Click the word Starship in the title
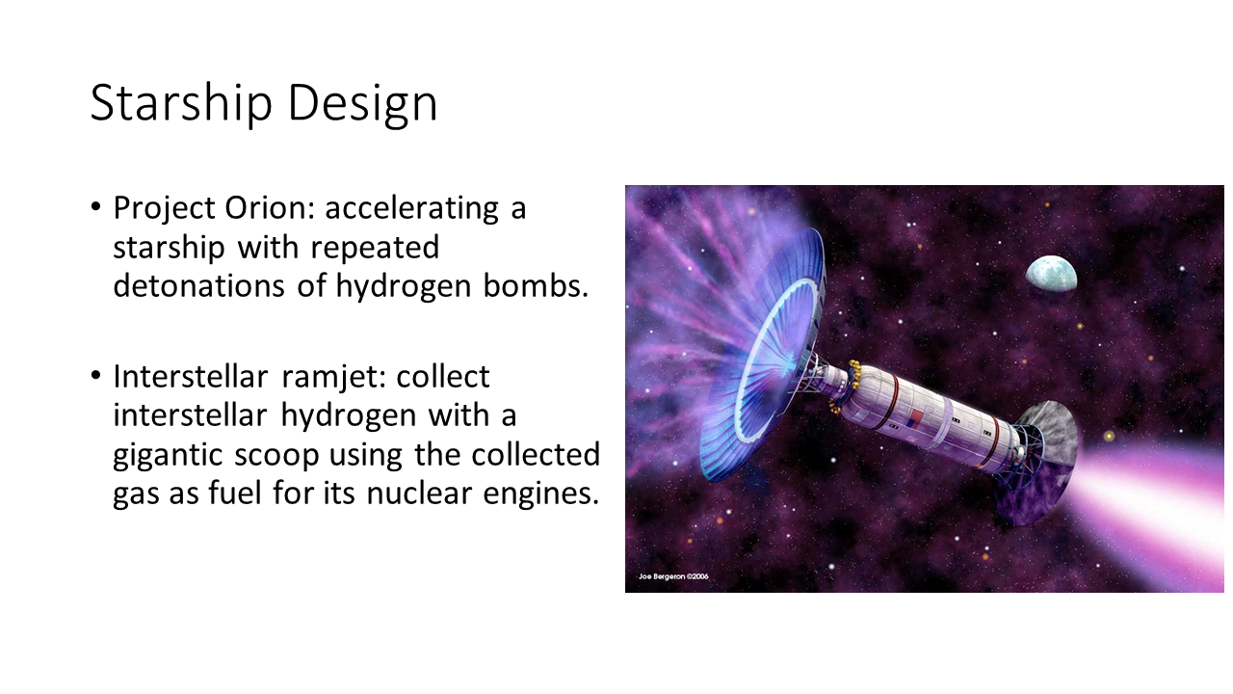(181, 103)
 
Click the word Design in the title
(363, 103)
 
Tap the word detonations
(198, 286)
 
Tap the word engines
(540, 494)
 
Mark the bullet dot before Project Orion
(95, 207)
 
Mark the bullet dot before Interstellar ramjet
(95, 376)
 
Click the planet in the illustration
(1051, 274)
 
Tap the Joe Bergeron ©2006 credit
(673, 576)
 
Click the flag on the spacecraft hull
(915, 419)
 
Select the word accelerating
(411, 209)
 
